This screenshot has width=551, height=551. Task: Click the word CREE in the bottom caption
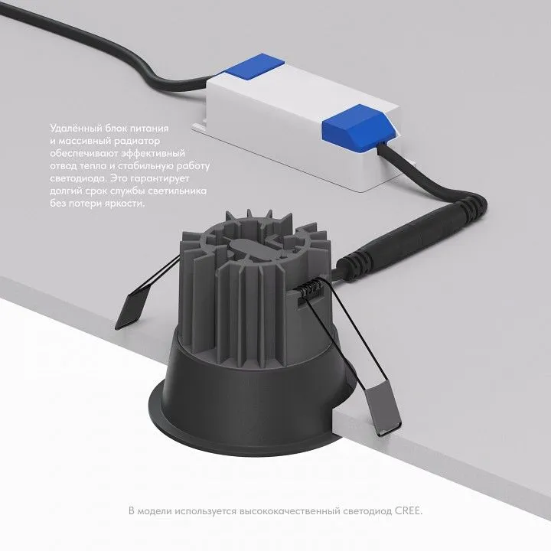pos(409,510)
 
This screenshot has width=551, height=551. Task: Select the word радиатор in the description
pos(137,142)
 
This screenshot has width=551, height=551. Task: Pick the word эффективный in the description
pos(153,154)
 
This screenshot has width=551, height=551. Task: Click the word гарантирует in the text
pos(159,179)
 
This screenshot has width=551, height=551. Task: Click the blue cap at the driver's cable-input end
pos(254,66)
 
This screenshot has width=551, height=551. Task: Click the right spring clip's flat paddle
pos(383,409)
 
